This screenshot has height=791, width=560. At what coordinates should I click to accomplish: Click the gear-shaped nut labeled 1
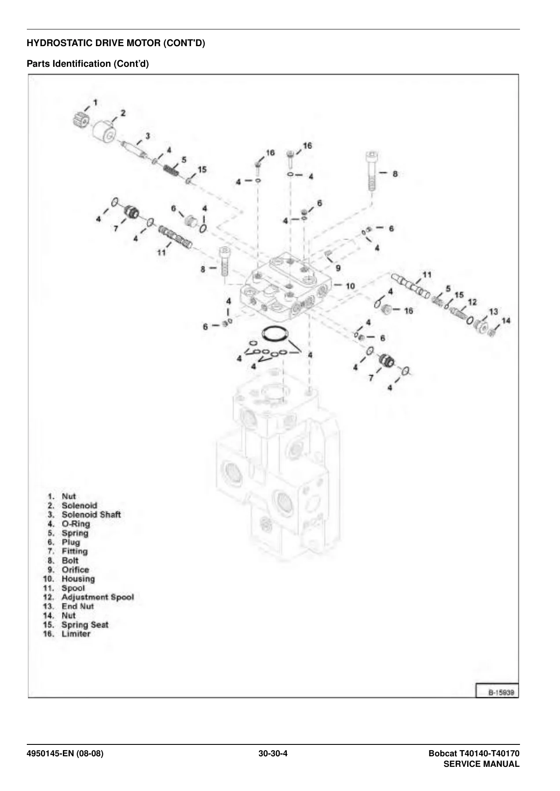coord(81,120)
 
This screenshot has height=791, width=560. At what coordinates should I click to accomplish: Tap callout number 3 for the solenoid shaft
coord(147,136)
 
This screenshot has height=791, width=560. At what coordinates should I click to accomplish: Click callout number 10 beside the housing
coord(350,286)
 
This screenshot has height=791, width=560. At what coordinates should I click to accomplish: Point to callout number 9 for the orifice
coord(338,268)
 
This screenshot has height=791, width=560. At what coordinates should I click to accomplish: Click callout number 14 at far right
coord(506,321)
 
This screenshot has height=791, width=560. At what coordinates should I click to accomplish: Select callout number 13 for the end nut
coord(493,312)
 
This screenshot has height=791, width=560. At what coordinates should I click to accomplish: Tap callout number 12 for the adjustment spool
coord(472,302)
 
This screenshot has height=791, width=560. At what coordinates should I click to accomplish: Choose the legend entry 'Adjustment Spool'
coord(98,597)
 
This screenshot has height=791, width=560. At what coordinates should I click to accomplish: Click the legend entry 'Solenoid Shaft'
coord(91,515)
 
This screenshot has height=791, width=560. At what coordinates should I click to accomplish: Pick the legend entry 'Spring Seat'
coord(85,625)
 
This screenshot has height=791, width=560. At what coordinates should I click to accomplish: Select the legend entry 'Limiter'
coord(76,634)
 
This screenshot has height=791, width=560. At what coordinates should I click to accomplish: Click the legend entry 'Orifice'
coord(75,570)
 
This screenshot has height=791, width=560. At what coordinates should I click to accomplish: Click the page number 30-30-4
coord(273,754)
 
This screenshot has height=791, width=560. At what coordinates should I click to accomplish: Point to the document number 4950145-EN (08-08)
coord(65,754)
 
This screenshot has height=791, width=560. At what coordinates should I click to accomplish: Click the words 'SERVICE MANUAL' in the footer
coord(481,764)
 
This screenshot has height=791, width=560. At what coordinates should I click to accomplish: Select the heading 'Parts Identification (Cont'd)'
coord(88,64)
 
